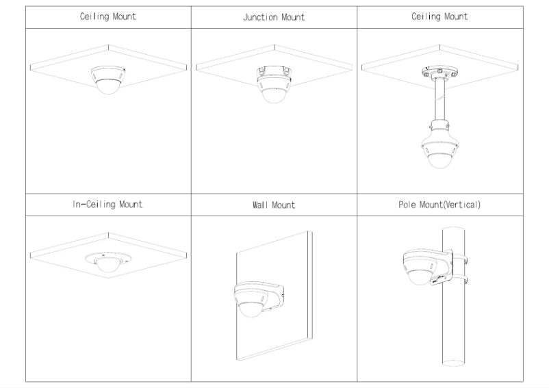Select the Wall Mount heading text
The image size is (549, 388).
click(273, 205)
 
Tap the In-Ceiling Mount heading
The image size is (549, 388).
click(108, 205)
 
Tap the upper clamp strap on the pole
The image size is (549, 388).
click(463, 259)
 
